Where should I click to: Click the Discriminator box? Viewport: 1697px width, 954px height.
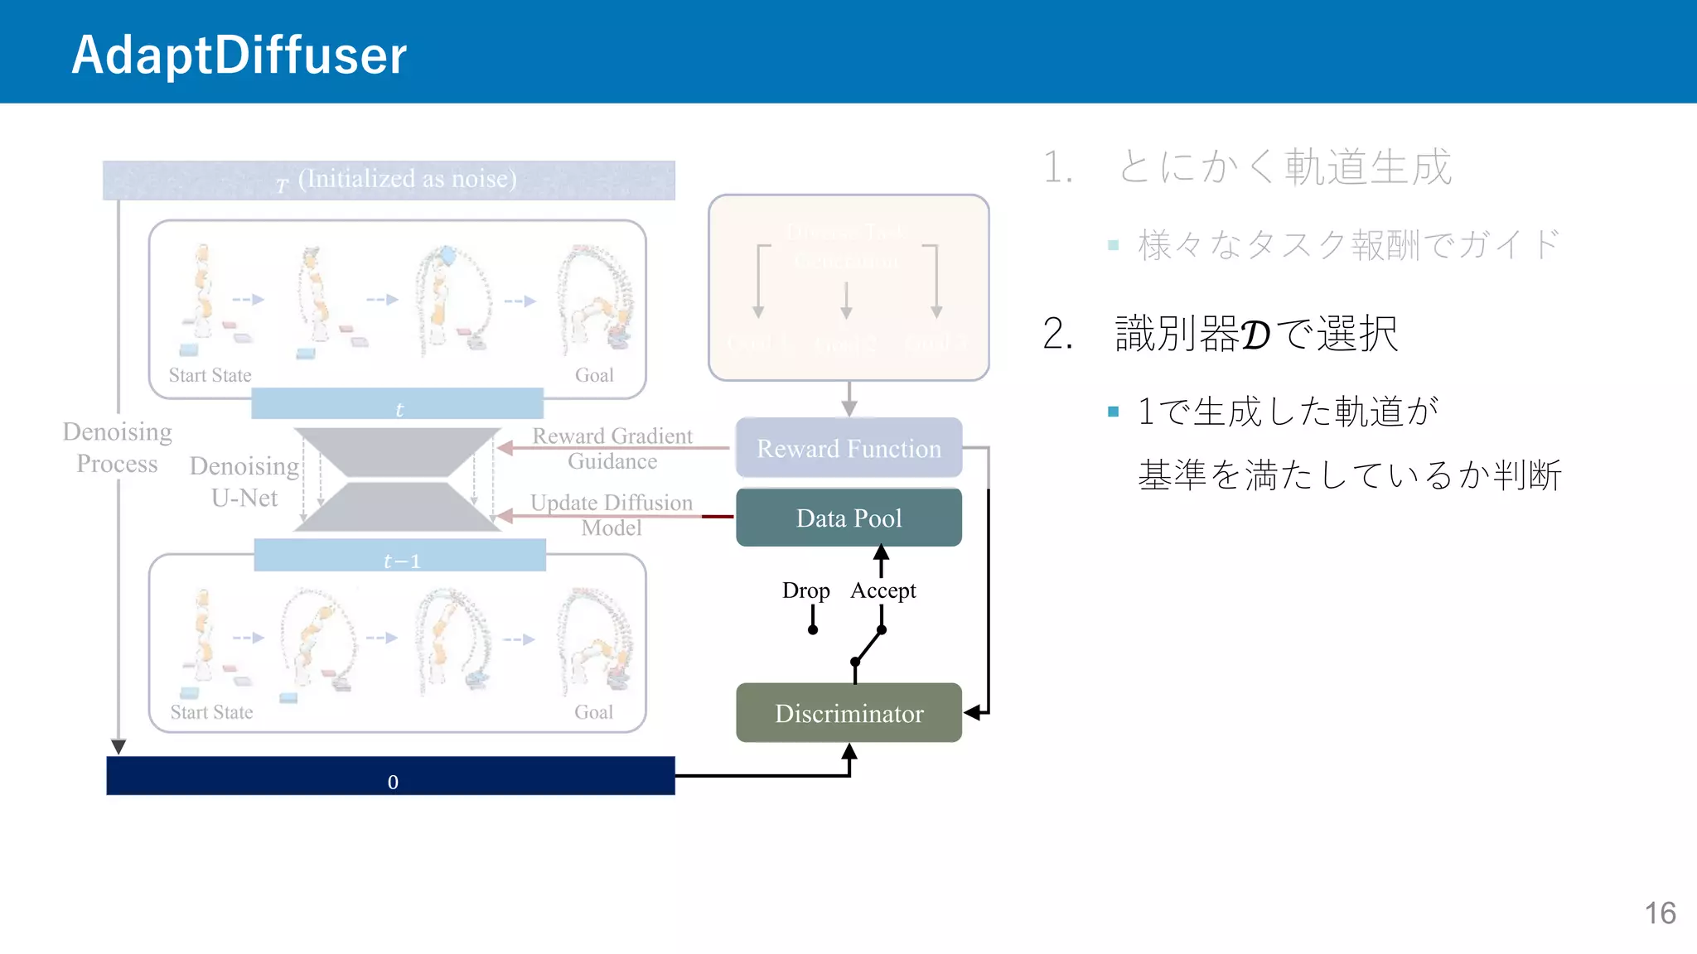[848, 713]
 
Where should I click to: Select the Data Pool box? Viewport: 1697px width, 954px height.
[848, 518]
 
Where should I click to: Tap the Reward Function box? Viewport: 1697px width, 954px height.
[848, 448]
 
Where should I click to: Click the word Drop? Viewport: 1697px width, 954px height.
[805, 590]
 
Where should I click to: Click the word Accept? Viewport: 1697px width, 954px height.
[883, 590]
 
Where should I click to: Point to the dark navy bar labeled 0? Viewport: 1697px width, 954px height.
[390, 776]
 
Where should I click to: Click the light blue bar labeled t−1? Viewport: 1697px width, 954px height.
[399, 556]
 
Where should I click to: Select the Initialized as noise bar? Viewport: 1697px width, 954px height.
[389, 180]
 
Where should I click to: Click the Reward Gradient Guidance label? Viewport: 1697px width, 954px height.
[612, 448]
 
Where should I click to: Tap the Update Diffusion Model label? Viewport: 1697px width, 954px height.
[612, 515]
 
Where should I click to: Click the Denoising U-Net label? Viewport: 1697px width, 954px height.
[244, 481]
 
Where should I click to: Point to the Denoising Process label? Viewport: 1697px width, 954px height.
[117, 447]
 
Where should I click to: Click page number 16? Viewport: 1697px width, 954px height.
[1660, 913]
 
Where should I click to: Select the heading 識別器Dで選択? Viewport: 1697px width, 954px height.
[1255, 334]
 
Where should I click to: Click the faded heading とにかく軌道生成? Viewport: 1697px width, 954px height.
[1284, 167]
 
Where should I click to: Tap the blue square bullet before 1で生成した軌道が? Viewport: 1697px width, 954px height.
[1113, 412]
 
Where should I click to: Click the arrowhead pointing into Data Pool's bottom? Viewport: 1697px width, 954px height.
[881, 552]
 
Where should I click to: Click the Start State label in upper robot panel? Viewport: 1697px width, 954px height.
[210, 375]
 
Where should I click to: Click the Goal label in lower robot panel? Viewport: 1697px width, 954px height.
[593, 712]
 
